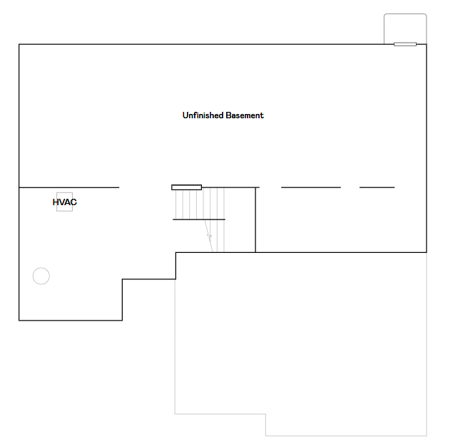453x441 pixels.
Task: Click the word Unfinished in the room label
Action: coord(203,115)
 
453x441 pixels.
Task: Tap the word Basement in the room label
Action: coord(245,115)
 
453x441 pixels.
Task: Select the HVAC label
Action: coord(64,202)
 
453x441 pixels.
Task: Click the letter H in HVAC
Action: coord(56,202)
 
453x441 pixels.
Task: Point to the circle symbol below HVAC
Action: coord(41,276)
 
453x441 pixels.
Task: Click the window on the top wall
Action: coord(404,44)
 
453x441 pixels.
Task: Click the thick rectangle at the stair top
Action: coord(186,187)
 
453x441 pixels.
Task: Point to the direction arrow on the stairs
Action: coord(210,235)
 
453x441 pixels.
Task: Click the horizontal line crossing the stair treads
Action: coord(199,219)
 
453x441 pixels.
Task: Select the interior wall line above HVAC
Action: coord(69,187)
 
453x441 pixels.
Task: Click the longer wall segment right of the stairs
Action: coord(310,187)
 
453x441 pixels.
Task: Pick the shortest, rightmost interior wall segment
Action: coord(377,187)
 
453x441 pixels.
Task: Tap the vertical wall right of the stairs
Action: coord(255,219)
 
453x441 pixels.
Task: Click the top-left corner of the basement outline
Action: coord(19,45)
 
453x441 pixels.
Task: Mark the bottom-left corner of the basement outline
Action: coord(19,321)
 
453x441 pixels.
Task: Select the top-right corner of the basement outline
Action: coord(426,45)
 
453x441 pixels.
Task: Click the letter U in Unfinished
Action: coord(185,115)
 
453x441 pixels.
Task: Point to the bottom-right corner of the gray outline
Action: coord(426,435)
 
